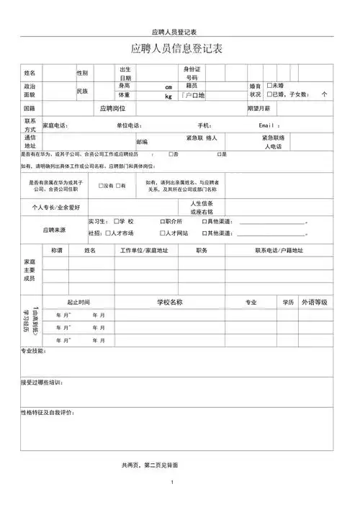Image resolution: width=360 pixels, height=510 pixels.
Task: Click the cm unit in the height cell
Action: click(168, 86)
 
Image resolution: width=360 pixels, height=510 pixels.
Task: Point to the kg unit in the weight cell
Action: click(168, 96)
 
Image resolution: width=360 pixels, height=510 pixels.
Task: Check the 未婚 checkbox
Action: click(269, 86)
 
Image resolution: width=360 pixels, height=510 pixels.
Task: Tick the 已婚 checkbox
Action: click(269, 94)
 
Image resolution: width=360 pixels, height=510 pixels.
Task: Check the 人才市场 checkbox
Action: click(107, 233)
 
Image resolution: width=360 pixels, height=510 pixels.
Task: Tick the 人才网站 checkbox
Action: click(161, 233)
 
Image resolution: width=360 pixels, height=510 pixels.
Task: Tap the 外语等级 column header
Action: click(315, 302)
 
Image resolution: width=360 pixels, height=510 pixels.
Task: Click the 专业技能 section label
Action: click(32, 351)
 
